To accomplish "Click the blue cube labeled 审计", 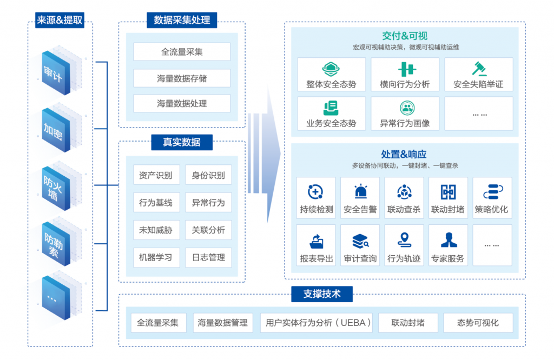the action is pos(56,73).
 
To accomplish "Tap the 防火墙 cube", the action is pos(56,189).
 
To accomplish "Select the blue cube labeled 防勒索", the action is pos(56,244).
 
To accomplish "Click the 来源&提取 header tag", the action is pos(60,20).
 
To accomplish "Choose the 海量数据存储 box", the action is pos(182,78).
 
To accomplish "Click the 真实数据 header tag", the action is pos(182,142).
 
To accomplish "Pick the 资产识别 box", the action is pos(156,175).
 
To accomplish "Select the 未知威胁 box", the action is pos(156,230).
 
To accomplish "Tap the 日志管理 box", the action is pos(208,257).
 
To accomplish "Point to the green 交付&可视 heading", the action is pos(405,36).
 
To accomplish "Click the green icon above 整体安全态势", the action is pos(331,69).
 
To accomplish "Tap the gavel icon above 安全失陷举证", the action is pos(479,69).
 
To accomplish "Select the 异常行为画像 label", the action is pos(405,123).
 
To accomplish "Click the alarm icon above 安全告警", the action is pos(360,191).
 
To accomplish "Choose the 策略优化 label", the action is pos(491,209).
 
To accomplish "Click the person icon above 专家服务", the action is pos(449,240).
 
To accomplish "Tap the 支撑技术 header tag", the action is pos(322,294).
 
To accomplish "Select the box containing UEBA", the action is pos(316,323).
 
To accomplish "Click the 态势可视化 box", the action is pos(478,323).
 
